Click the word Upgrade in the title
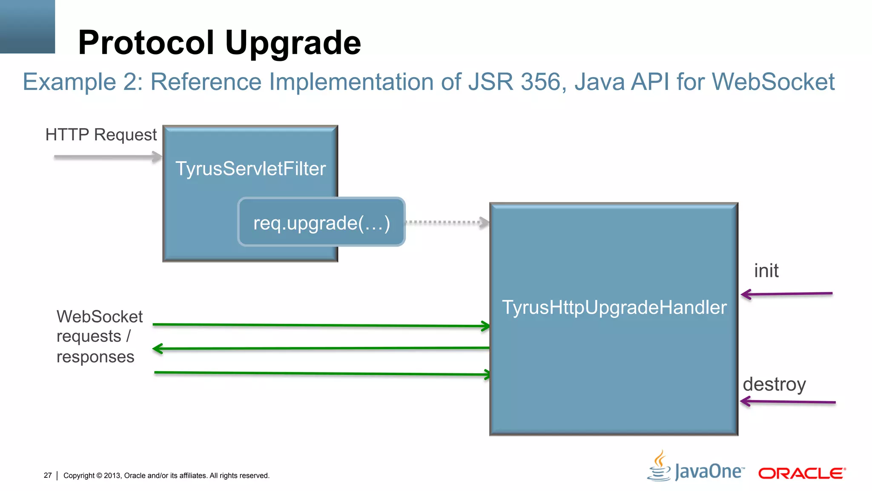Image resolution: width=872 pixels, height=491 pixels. [x=293, y=43]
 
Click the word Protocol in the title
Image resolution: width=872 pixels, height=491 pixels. [x=146, y=43]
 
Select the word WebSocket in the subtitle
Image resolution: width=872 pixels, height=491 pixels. [x=773, y=82]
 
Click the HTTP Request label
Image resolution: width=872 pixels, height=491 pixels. [x=101, y=135]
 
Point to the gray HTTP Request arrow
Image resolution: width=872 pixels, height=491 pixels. [x=106, y=157]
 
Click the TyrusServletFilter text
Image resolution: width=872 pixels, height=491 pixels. [x=250, y=169]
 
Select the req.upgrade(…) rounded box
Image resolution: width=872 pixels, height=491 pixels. [x=321, y=222]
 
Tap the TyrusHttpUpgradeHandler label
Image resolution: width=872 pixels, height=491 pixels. [x=614, y=307]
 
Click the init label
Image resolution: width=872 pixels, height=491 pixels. [x=766, y=271]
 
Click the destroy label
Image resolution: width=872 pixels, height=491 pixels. [x=774, y=384]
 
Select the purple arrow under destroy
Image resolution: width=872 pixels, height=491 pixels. [x=788, y=401]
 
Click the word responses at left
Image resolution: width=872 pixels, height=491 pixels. [x=95, y=357]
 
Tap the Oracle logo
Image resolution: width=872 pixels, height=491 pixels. [x=801, y=474]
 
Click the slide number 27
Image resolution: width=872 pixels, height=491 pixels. [x=48, y=475]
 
